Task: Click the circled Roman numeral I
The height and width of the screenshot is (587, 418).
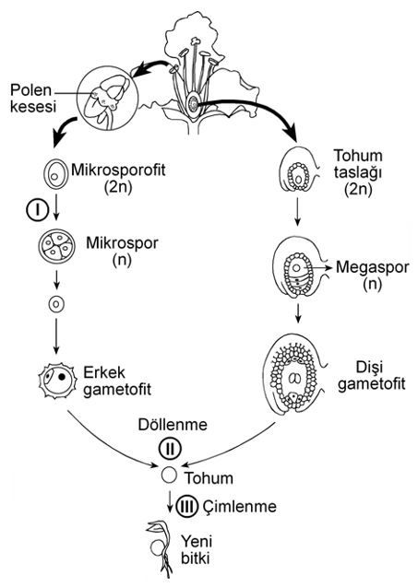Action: pyautogui.click(x=37, y=210)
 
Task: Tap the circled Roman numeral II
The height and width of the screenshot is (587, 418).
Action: pyautogui.click(x=170, y=448)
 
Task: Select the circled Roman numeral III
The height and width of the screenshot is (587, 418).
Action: pyautogui.click(x=187, y=507)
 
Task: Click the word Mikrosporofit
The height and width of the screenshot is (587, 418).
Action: pyautogui.click(x=118, y=170)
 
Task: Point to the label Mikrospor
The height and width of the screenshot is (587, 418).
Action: pyautogui.click(x=122, y=243)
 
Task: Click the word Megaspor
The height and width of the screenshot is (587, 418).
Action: pyautogui.click(x=372, y=267)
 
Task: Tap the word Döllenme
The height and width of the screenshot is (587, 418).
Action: pyautogui.click(x=173, y=425)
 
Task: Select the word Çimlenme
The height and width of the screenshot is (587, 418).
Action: pyautogui.click(x=240, y=507)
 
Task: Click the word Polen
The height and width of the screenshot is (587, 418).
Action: pyautogui.click(x=30, y=90)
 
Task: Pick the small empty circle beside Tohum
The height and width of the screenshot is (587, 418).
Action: pyautogui.click(x=169, y=475)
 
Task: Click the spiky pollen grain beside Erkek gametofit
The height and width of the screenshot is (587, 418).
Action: pyautogui.click(x=58, y=380)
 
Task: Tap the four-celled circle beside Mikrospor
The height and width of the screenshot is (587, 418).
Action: pyautogui.click(x=57, y=246)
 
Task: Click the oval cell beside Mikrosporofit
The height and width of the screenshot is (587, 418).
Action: pyautogui.click(x=56, y=175)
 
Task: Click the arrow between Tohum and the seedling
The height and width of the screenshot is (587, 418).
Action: pyautogui.click(x=170, y=501)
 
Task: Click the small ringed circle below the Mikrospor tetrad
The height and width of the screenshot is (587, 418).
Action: pyautogui.click(x=56, y=304)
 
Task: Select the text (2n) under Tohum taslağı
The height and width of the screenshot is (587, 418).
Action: pyautogui.click(x=358, y=190)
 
